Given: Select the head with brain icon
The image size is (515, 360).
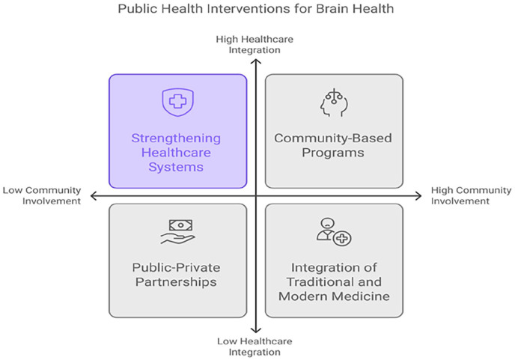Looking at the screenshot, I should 334,103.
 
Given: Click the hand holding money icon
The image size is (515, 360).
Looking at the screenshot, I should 177,232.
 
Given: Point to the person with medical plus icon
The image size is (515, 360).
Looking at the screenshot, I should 333,232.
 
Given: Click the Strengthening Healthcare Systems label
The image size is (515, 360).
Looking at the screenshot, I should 177,152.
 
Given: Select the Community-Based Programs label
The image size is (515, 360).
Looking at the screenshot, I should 334,145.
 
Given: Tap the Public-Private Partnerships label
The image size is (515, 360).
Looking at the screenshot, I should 177,275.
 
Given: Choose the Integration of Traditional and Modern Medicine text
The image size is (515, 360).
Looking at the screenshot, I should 334,281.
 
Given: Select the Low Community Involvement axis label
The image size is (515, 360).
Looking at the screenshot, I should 43,196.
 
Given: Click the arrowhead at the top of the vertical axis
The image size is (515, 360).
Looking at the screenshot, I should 256,62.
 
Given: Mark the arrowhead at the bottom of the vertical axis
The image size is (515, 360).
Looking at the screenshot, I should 256,330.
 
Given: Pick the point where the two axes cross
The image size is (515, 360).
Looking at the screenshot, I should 256,196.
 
